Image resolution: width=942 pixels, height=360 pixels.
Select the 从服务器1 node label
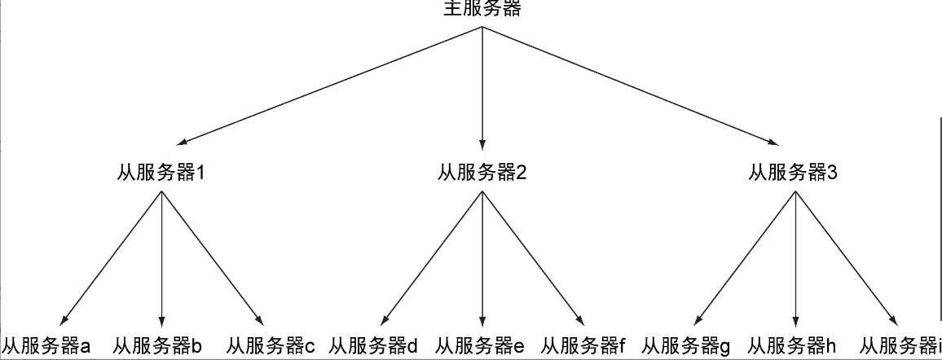pyautogui.click(x=162, y=173)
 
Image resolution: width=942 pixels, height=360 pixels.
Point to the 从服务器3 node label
pyautogui.click(x=794, y=173)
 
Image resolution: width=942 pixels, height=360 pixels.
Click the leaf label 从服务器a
pyautogui.click(x=46, y=346)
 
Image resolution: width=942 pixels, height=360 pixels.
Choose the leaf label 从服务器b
pyautogui.click(x=157, y=346)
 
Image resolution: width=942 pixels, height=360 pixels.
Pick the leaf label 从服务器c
pyautogui.click(x=271, y=346)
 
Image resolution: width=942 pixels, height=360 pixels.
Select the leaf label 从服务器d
pyautogui.click(x=374, y=346)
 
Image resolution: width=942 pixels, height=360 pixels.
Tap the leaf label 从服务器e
pyautogui.click(x=480, y=346)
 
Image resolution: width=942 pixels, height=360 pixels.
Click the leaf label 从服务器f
pyautogui.click(x=583, y=346)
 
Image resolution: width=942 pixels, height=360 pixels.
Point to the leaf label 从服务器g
pyautogui.click(x=687, y=346)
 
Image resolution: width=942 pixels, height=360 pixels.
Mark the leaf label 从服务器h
pyautogui.click(x=793, y=346)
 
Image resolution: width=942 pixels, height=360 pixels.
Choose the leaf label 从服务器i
pyautogui.click(x=900, y=346)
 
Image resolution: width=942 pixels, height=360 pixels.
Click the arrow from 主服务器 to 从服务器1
pyautogui.click(x=326, y=86)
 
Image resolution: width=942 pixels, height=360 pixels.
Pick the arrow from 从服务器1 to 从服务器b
pyautogui.click(x=162, y=257)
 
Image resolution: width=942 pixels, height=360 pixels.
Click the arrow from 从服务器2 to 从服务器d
pyautogui.click(x=432, y=257)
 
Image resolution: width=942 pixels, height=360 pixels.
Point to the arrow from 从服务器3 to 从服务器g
pyautogui.click(x=744, y=257)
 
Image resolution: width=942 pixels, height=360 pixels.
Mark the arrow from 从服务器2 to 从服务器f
pyautogui.click(x=533, y=257)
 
